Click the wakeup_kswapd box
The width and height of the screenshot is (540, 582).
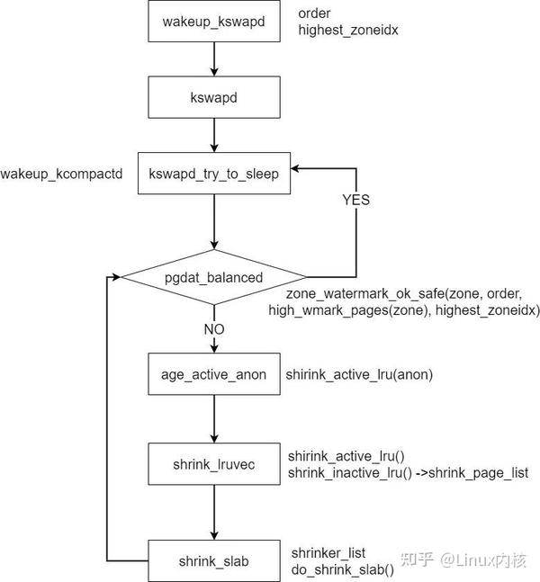[x=214, y=22]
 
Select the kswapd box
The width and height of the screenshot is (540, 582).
[x=214, y=98]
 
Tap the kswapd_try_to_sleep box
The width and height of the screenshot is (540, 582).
[x=214, y=175]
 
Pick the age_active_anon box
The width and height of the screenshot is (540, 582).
[x=214, y=374]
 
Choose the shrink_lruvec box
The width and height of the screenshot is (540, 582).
[x=214, y=465]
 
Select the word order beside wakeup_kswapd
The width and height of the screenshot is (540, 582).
[x=314, y=14]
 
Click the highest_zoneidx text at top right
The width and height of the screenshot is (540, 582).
[x=348, y=31]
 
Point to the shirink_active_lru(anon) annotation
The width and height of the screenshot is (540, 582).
[x=359, y=374]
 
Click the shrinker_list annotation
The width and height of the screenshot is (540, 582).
[x=328, y=553]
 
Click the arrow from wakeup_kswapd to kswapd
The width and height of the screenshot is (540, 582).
[x=214, y=58]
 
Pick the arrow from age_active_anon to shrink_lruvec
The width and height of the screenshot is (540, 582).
[x=214, y=418]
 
